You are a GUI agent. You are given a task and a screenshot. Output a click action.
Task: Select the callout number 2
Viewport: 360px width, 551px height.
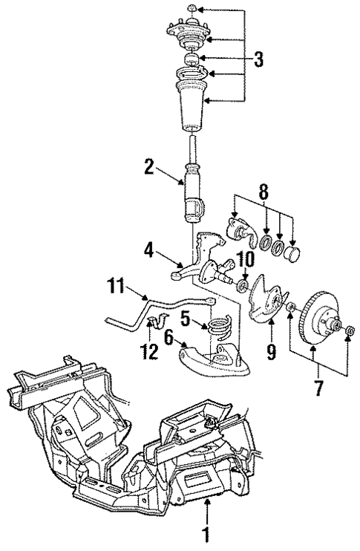pyautogui.click(x=148, y=166)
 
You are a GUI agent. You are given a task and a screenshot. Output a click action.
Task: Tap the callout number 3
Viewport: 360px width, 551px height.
pyautogui.click(x=258, y=60)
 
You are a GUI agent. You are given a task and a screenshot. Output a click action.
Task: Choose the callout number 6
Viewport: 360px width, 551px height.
pyautogui.click(x=168, y=339)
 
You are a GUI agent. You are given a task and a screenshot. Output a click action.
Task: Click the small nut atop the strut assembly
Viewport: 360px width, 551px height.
pyautogui.click(x=192, y=8)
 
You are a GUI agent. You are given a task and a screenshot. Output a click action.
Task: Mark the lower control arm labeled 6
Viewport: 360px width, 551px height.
pyautogui.click(x=215, y=360)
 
